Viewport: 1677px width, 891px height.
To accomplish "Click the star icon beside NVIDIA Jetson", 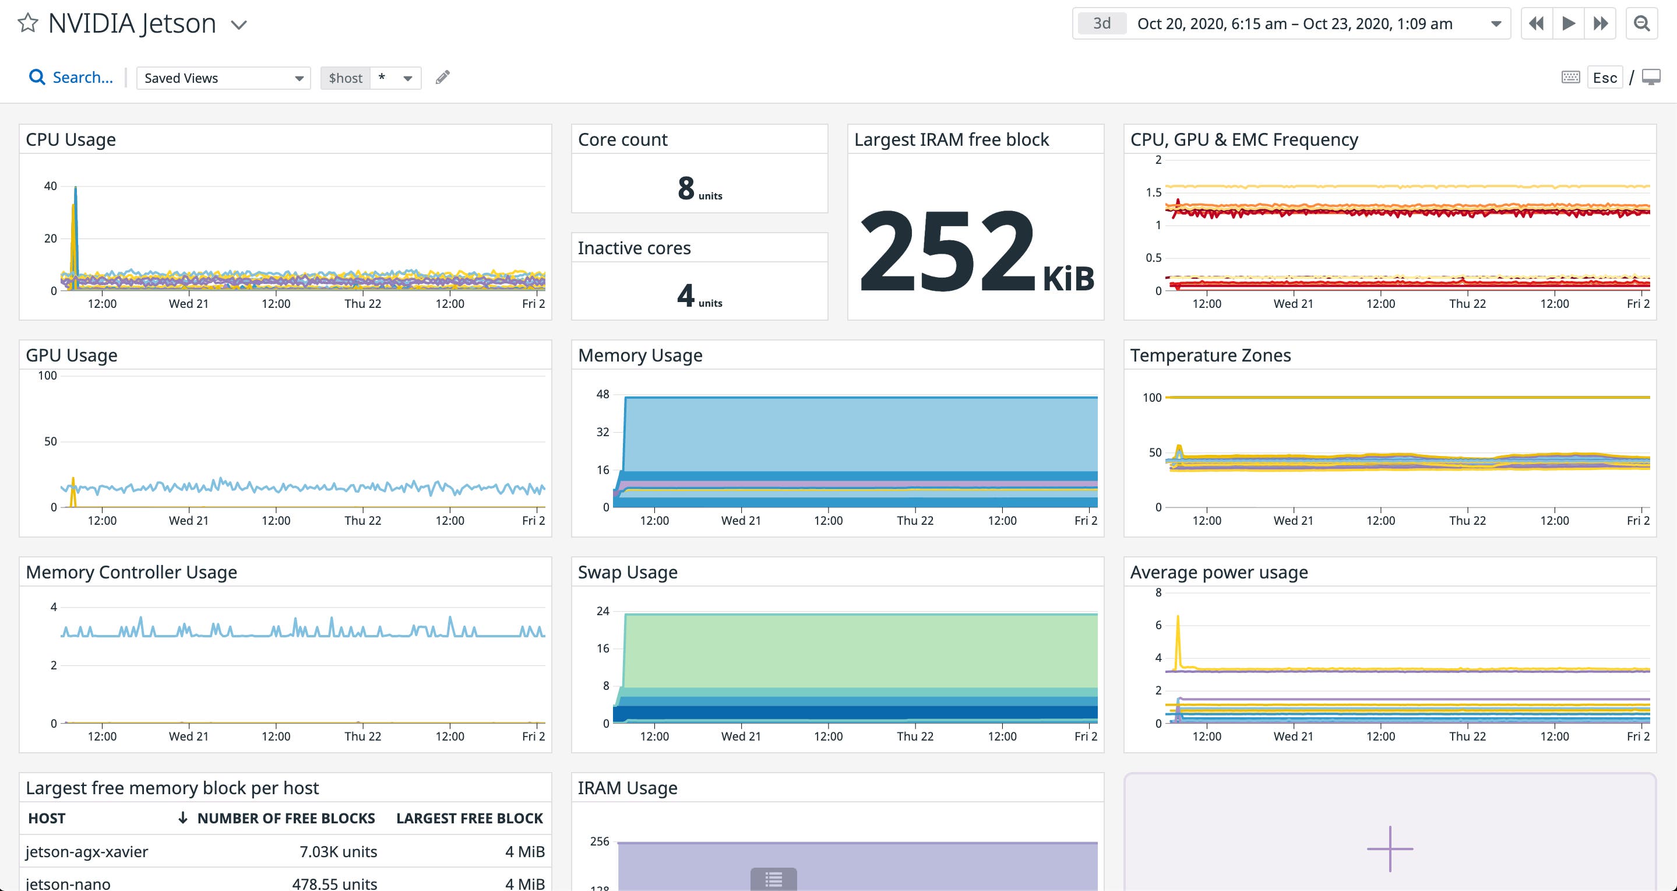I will click(x=27, y=23).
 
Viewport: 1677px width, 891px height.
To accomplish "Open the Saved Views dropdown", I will click(x=223, y=78).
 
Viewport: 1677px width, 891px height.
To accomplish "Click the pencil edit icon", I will click(x=443, y=78).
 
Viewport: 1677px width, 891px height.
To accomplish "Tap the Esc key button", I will click(x=1604, y=78).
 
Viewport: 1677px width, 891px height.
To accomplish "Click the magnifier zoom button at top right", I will click(x=1641, y=24).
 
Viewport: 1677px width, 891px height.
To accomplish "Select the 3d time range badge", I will click(x=1101, y=24).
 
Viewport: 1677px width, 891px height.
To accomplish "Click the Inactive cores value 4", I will click(x=685, y=296).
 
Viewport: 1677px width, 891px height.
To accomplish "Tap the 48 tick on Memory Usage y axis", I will click(x=603, y=394).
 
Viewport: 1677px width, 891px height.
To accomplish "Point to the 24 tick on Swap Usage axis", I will click(x=603, y=611).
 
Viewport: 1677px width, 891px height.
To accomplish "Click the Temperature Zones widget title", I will click(x=1210, y=355).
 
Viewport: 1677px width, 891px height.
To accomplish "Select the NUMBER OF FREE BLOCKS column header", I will click(x=285, y=818).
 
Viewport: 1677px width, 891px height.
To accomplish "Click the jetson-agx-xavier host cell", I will click(x=87, y=851).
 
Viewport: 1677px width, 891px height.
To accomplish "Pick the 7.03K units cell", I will click(x=338, y=851).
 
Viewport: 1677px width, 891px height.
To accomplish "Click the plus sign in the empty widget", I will click(x=1389, y=848).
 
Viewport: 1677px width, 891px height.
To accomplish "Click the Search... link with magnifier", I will click(x=71, y=78).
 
